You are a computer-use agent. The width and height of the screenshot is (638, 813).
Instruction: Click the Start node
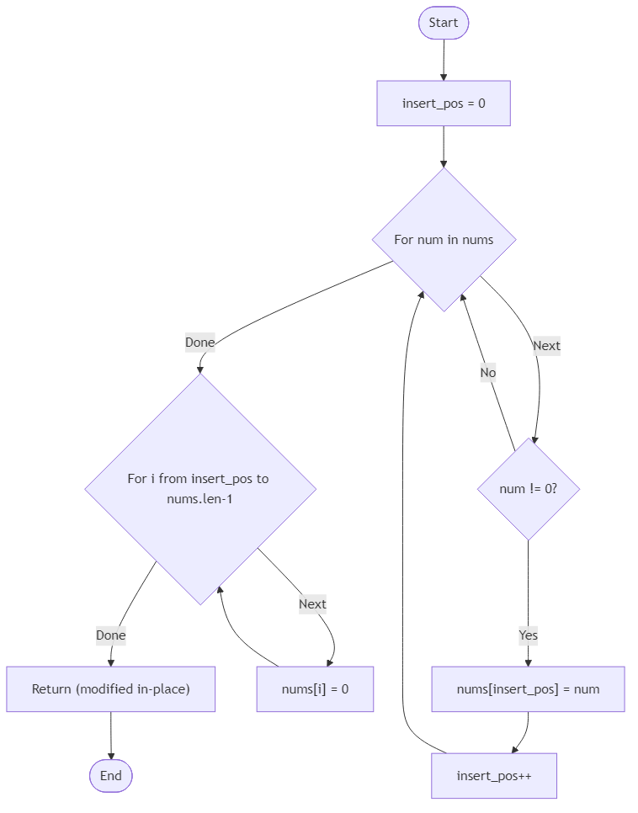pyautogui.click(x=444, y=23)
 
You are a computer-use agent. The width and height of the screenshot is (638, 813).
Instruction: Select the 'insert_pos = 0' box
pyautogui.click(x=444, y=104)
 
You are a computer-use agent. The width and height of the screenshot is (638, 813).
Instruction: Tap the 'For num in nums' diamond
pyautogui.click(x=444, y=240)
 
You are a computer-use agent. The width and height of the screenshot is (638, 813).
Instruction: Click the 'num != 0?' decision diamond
pyautogui.click(x=529, y=489)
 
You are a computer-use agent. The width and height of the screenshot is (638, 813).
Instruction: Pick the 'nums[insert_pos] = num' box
pyautogui.click(x=528, y=689)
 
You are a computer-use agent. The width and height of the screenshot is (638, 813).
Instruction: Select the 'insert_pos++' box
pyautogui.click(x=494, y=775)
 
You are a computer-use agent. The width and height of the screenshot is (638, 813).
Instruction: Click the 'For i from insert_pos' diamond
pyautogui.click(x=200, y=489)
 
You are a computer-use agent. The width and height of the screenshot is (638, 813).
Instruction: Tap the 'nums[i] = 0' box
pyautogui.click(x=315, y=689)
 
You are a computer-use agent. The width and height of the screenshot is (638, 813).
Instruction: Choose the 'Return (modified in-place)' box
pyautogui.click(x=111, y=689)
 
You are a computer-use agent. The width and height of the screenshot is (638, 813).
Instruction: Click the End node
pyautogui.click(x=111, y=775)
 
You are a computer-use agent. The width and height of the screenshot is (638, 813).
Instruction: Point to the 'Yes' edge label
pyautogui.click(x=529, y=635)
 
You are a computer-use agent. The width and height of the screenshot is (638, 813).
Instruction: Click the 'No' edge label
pyautogui.click(x=488, y=372)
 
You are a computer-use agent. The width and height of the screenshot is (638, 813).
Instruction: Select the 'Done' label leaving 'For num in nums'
pyautogui.click(x=200, y=343)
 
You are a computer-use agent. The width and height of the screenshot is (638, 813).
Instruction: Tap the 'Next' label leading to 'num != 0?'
pyautogui.click(x=546, y=345)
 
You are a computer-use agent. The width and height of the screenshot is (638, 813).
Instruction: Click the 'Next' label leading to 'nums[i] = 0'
pyautogui.click(x=312, y=603)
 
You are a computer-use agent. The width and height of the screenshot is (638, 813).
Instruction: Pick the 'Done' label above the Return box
pyautogui.click(x=111, y=635)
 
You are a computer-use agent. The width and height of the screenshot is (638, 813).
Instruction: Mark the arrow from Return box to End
pyautogui.click(x=111, y=736)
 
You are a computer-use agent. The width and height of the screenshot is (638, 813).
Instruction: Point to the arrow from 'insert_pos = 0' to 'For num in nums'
pyautogui.click(x=444, y=147)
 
